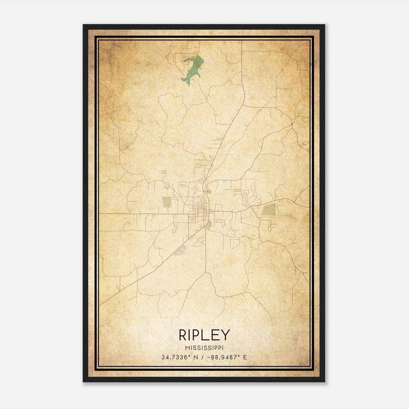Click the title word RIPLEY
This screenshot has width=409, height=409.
pyautogui.click(x=204, y=335)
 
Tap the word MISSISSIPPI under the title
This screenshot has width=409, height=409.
pyautogui.click(x=204, y=348)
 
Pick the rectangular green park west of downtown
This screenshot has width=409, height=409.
pyautogui.click(x=167, y=202)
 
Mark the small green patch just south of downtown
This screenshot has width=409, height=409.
pyautogui.click(x=209, y=225)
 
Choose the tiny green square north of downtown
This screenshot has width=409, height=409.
pyautogui.click(x=209, y=191)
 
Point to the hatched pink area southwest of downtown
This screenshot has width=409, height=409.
pyautogui.click(x=181, y=249)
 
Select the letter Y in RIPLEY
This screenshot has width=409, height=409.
pyautogui.click(x=225, y=335)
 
